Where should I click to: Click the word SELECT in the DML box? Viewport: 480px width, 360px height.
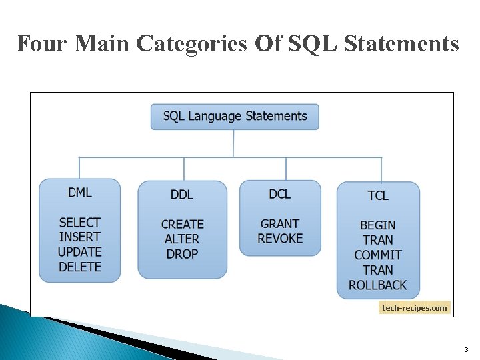click(x=79, y=222)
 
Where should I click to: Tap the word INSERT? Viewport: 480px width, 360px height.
click(x=79, y=237)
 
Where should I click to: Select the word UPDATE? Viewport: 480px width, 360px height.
click(x=79, y=252)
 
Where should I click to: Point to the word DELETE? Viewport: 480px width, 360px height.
click(x=79, y=267)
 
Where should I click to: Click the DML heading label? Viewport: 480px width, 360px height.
click(x=79, y=193)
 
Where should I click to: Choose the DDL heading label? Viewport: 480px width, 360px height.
click(x=182, y=195)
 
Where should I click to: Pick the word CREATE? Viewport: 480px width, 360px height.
click(x=182, y=224)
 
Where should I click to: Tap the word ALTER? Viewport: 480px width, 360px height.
click(x=182, y=239)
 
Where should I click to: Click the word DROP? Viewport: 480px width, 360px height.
click(x=182, y=254)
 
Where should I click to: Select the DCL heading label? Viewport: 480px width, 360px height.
click(x=280, y=193)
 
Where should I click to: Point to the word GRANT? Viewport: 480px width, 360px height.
click(x=280, y=223)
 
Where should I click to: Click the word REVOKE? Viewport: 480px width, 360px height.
click(x=280, y=238)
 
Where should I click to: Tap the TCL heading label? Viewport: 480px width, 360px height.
click(x=378, y=195)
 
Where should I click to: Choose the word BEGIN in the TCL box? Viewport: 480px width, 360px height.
click(x=378, y=225)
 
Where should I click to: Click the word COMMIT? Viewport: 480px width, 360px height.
click(x=378, y=255)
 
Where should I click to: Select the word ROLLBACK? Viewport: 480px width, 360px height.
click(x=378, y=285)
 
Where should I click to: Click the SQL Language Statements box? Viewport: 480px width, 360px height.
click(x=235, y=116)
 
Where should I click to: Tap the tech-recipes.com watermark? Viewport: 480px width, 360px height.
click(x=415, y=307)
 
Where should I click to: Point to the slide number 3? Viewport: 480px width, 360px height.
click(x=466, y=350)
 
